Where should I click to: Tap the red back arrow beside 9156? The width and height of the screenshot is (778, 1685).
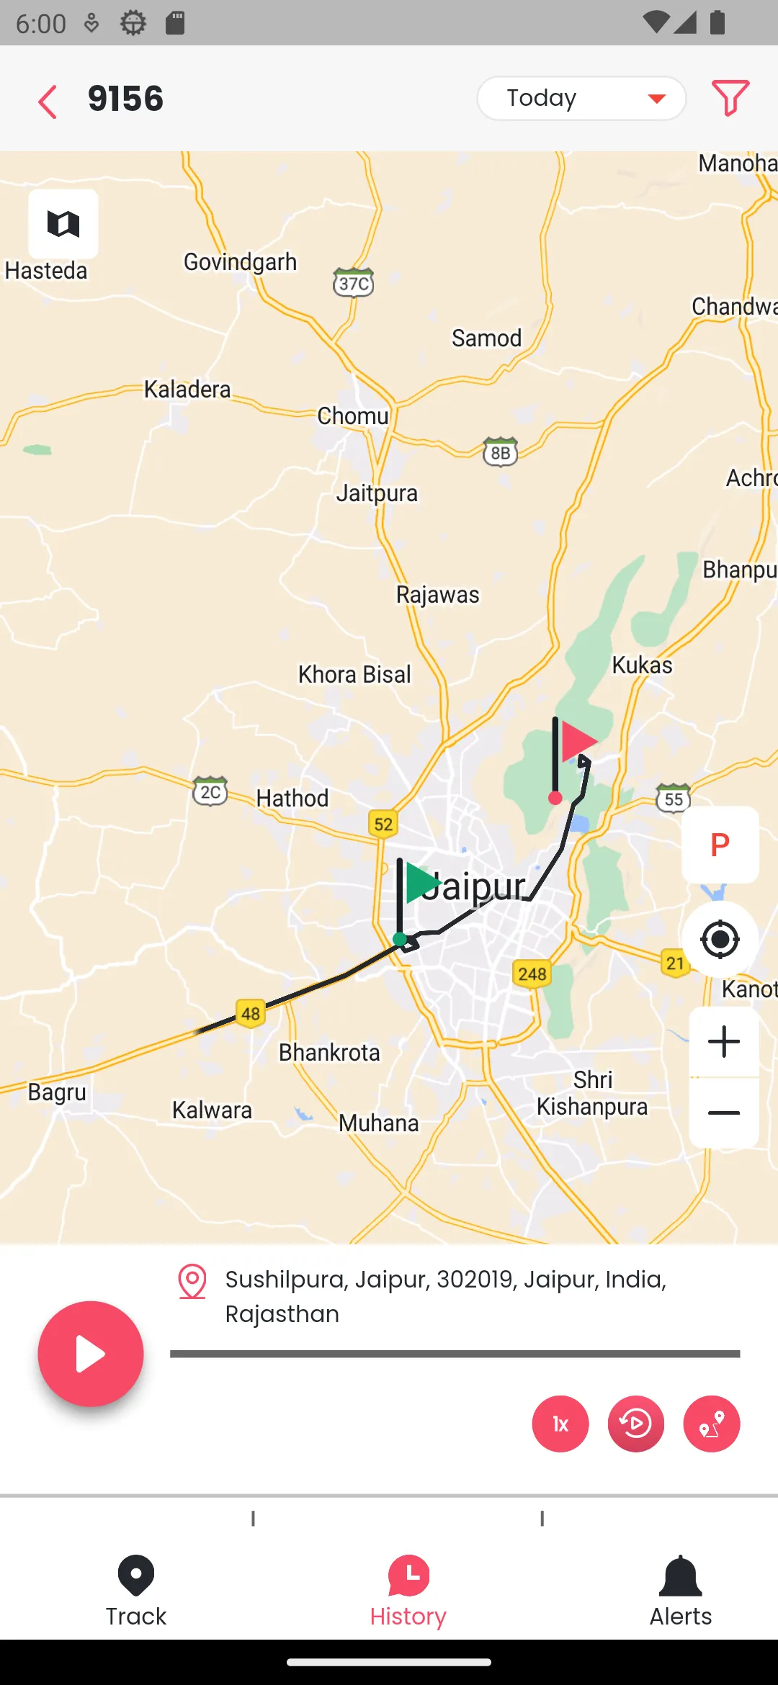coord(48,101)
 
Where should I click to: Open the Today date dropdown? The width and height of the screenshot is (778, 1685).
coord(581,98)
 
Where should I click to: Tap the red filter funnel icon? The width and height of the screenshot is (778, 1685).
coord(730,98)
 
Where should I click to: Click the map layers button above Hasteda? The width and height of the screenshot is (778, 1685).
coord(63,224)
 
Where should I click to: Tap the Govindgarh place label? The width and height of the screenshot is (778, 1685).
coord(240,262)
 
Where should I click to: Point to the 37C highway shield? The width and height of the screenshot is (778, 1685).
coord(354,283)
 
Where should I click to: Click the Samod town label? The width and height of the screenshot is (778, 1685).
coord(486,338)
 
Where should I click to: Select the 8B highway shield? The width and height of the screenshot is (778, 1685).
coord(501,452)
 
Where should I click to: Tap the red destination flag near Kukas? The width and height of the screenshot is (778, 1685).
coord(578,742)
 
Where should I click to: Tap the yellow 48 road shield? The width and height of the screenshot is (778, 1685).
coord(250,1014)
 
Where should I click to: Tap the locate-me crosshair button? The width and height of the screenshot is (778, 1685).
coord(720,939)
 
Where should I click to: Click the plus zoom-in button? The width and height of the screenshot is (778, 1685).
coord(723,1042)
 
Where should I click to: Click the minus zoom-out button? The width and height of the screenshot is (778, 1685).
coord(723,1113)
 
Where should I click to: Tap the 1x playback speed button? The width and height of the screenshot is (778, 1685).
coord(560,1424)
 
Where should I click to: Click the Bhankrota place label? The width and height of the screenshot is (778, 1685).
coord(329,1053)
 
